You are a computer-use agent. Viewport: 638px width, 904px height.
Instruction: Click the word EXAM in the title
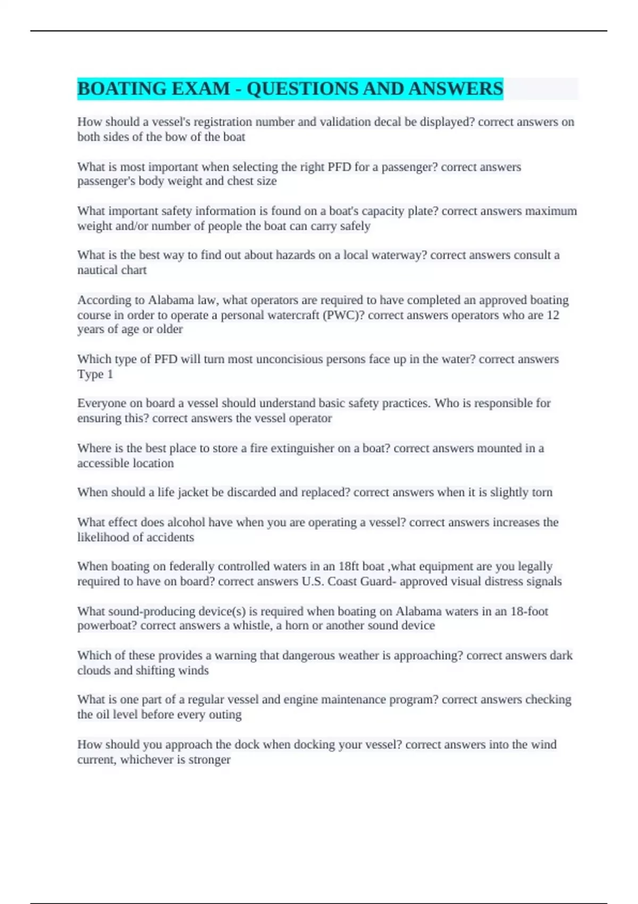[200, 89]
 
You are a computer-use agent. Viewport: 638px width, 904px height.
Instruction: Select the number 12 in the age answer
[552, 315]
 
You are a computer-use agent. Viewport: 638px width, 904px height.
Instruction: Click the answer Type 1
[95, 374]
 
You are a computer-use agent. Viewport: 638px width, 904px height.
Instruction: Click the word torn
[542, 492]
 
